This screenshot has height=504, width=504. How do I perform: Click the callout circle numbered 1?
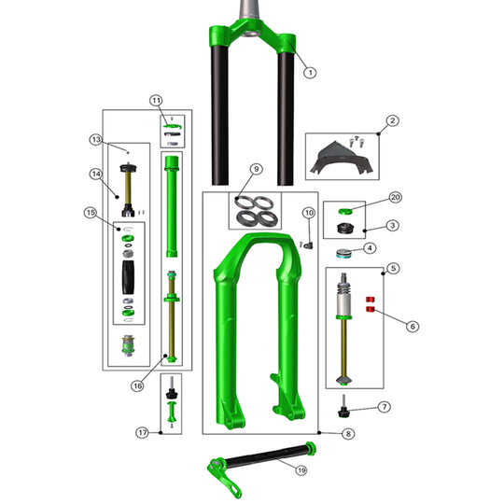pos(311,72)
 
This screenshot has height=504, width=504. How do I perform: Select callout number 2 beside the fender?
pos(393,120)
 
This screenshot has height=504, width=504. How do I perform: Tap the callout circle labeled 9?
pos(256,170)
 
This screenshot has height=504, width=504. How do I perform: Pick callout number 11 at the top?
pos(156,100)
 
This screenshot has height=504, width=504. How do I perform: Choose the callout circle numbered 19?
pos(301,471)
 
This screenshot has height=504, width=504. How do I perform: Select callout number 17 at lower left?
pos(144,433)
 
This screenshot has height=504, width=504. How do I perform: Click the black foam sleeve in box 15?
pos(129,278)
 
